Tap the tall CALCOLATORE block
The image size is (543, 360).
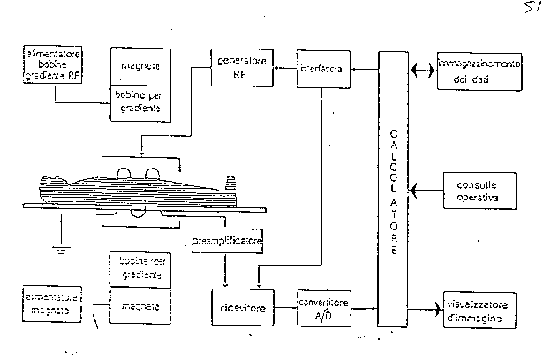pyautogui.click(x=393, y=189)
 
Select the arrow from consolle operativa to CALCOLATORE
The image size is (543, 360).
pyautogui.click(x=426, y=191)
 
